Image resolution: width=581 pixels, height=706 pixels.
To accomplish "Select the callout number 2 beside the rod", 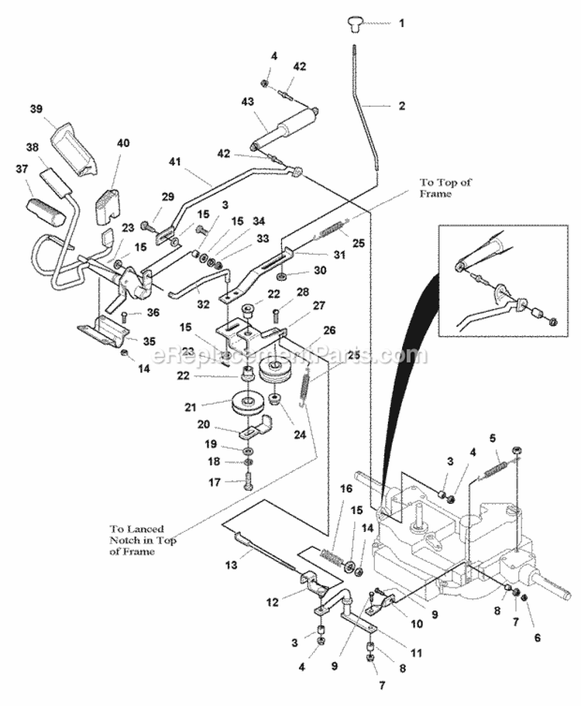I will click(x=401, y=105).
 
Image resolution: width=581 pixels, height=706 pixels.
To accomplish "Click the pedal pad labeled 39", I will click(x=73, y=148).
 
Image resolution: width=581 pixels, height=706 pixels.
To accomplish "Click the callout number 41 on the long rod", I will click(x=176, y=161).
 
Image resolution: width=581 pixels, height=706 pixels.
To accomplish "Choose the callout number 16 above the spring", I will click(x=346, y=488).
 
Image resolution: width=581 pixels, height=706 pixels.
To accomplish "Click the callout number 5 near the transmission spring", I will click(x=493, y=437).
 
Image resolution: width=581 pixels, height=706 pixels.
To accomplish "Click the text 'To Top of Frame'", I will click(x=445, y=189).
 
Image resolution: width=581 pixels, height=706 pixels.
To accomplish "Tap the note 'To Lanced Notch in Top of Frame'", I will click(x=143, y=541).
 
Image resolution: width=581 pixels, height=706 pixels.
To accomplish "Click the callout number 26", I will click(x=328, y=331).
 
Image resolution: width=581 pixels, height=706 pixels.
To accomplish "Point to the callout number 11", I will click(x=415, y=653).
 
